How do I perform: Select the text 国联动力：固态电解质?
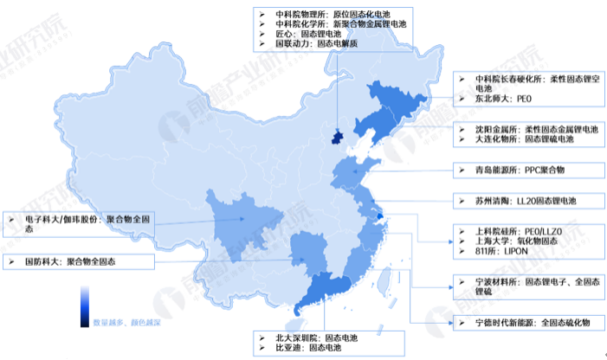point(312,43)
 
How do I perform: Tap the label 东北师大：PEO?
point(502,100)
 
